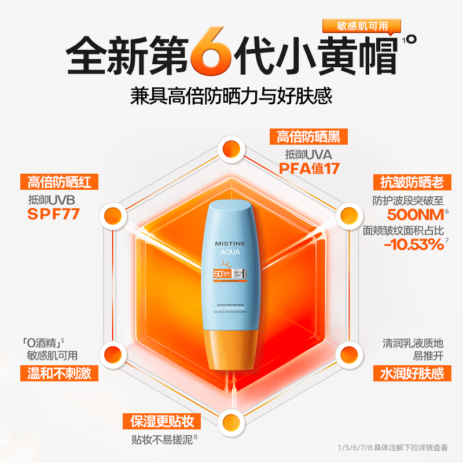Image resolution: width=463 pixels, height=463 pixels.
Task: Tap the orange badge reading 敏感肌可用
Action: click(x=363, y=25)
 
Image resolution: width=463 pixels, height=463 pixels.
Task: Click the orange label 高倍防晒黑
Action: click(x=308, y=137)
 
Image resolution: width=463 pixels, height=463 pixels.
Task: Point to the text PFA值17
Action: click(x=308, y=168)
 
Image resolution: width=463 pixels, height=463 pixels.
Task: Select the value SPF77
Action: click(x=54, y=215)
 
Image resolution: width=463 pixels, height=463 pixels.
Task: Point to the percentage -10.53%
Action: click(x=413, y=244)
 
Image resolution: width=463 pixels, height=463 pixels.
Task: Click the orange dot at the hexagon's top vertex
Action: click(x=231, y=146)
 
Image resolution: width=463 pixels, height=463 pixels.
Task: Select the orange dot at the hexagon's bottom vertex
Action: click(x=231, y=421)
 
